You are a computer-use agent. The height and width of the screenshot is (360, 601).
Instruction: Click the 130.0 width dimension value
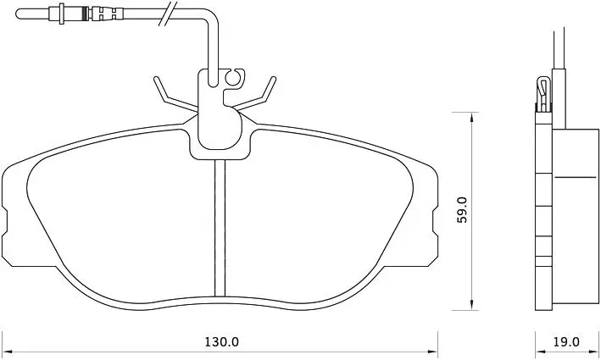click(x=221, y=342)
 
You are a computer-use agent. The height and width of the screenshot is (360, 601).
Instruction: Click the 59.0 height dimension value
click(x=463, y=210)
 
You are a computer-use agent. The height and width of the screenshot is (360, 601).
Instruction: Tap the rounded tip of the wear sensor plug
click(x=17, y=14)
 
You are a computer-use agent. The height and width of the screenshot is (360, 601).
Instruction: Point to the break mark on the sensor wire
click(x=168, y=14)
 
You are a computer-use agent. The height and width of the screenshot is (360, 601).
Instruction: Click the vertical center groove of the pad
click(x=220, y=228)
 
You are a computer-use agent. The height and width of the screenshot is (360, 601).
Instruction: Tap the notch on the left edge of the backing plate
click(x=4, y=220)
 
